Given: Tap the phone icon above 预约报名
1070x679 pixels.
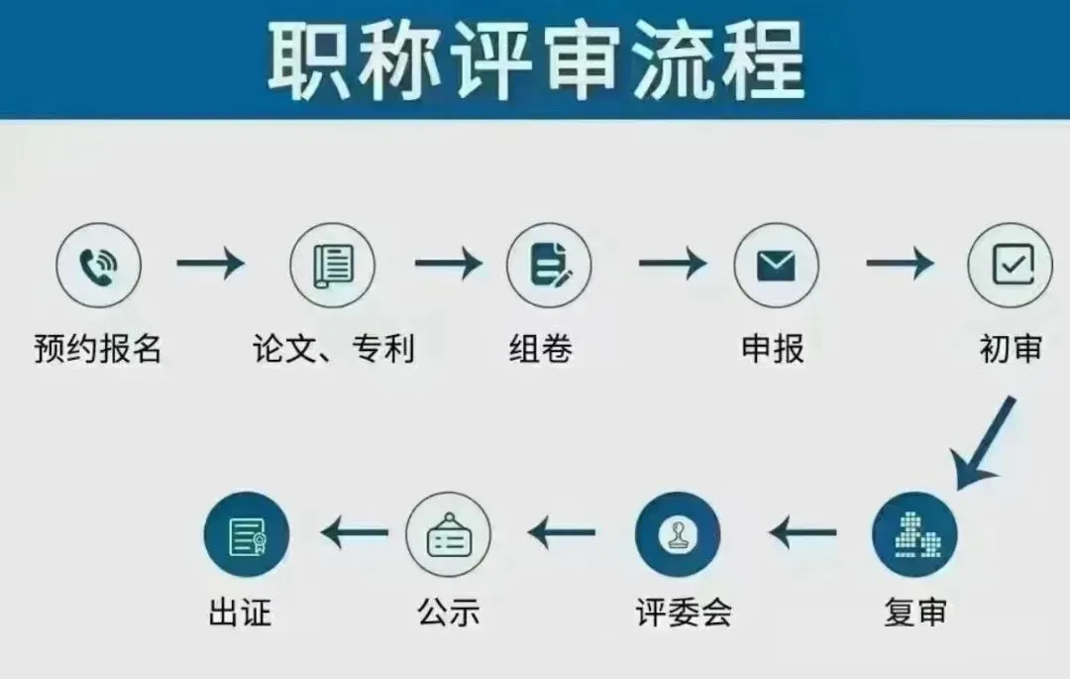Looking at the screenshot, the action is (98, 264).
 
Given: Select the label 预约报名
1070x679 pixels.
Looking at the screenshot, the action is (98, 349).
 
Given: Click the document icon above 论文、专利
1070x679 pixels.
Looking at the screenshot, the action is (332, 264).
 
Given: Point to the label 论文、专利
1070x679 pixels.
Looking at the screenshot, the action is (332, 349).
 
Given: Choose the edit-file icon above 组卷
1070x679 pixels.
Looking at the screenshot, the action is (549, 264).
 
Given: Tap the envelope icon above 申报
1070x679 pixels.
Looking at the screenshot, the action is (776, 264).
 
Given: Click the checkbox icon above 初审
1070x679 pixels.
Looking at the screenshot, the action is (1009, 264).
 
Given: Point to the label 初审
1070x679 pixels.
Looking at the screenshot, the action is (1011, 349).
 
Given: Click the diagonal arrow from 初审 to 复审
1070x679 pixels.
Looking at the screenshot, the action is (983, 442).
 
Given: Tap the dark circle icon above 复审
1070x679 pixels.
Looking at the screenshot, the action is (914, 535).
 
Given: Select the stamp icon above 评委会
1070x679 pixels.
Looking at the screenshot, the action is (678, 535).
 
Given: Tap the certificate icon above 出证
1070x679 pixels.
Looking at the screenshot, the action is (246, 535).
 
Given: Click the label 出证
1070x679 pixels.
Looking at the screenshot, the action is (240, 613).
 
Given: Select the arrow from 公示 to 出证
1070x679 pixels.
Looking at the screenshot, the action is (355, 534).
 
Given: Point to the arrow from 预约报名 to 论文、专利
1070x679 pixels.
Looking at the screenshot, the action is (210, 264).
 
